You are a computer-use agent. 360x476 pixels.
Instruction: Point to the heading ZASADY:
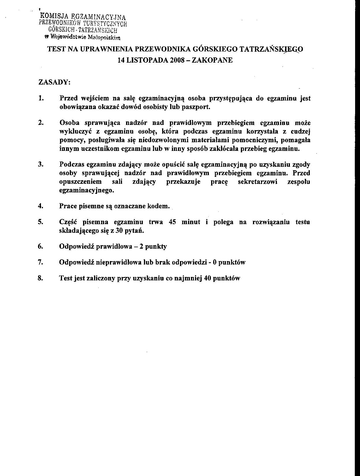pos(54,82)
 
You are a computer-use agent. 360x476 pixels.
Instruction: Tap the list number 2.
pos(41,123)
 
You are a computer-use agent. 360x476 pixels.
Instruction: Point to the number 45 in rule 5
pos(172,222)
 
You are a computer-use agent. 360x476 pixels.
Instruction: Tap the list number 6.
pos(41,246)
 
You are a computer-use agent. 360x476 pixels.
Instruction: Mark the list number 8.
pos(41,278)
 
